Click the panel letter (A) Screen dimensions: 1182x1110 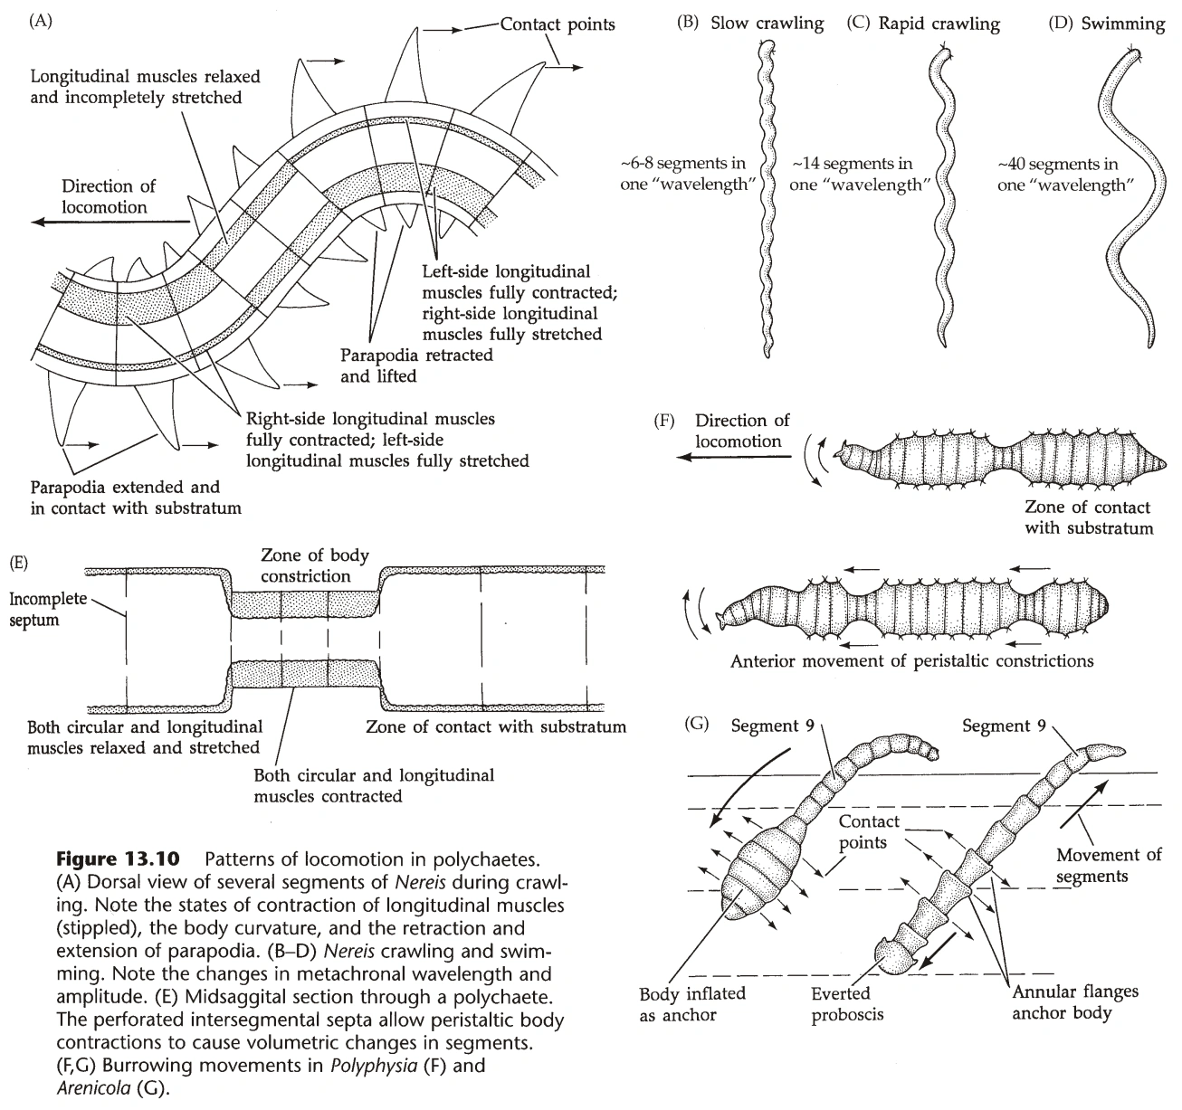[41, 22]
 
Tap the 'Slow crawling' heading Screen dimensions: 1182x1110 [767, 24]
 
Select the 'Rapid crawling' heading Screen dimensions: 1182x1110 [939, 24]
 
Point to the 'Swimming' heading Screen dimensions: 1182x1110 [1122, 24]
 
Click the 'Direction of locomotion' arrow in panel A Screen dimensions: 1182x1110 [110, 222]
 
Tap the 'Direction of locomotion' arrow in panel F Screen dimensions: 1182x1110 [734, 457]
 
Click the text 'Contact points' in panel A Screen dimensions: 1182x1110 [558, 24]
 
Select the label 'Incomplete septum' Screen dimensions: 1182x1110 [48, 609]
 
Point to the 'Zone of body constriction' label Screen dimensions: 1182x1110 [314, 565]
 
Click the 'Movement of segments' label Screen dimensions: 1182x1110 [1108, 866]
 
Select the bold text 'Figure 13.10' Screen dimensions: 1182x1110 [118, 859]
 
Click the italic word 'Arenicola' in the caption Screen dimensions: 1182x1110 [93, 1088]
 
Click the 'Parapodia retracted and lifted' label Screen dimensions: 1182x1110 [416, 365]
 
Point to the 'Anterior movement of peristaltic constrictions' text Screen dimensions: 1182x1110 [911, 661]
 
